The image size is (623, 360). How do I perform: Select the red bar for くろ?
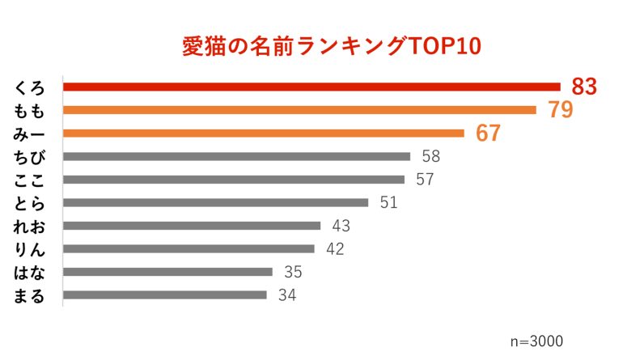coord(311,87)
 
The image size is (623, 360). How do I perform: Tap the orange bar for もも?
coord(299,110)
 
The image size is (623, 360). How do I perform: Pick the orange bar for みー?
coord(263,133)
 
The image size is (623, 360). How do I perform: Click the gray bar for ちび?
coord(236,156)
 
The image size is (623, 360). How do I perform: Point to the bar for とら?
coord(215,202)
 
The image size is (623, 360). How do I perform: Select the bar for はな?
coord(167,272)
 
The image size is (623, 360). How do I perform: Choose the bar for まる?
coord(164,295)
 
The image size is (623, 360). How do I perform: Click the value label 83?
coord(583,87)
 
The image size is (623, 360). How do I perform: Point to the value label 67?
coord(488,133)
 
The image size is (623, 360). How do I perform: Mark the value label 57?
coord(425,180)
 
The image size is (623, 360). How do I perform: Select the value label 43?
coord(341,226)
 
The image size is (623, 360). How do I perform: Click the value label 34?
coord(286,295)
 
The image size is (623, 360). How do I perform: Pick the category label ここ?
coord(30,180)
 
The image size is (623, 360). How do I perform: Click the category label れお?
coord(30,226)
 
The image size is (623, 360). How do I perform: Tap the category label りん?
coord(30,249)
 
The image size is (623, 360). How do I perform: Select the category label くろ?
coord(30,87)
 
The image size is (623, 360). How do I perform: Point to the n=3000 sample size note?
coord(536,341)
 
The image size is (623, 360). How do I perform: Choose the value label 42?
coord(335,249)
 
